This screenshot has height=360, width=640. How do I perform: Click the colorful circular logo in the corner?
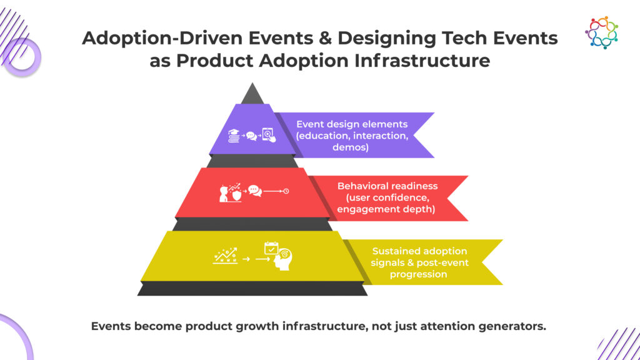602,32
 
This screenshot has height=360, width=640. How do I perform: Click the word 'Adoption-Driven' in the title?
162,38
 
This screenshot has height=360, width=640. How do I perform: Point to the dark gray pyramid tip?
252,94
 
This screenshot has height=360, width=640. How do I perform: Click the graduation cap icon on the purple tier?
234,136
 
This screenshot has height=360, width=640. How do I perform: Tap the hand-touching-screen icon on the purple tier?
269,135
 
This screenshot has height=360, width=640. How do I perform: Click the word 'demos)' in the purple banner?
351,147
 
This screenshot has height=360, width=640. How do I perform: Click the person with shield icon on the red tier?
230,192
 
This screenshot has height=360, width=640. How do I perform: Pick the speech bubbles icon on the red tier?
255,191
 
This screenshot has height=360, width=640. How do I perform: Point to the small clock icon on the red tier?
286,191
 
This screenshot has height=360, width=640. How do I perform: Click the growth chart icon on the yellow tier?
225,256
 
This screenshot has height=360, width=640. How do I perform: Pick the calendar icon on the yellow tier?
271,248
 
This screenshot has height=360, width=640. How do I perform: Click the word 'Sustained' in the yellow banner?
392,251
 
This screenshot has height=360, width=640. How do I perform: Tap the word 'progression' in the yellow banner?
418,274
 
